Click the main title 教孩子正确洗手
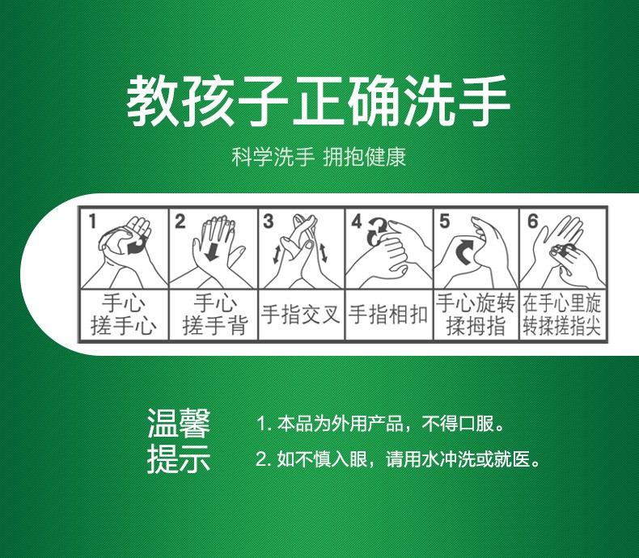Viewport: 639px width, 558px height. click(x=318, y=100)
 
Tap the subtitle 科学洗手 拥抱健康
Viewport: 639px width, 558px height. click(x=319, y=157)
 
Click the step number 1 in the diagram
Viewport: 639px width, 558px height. click(x=92, y=222)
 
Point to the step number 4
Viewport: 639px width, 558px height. click(x=357, y=221)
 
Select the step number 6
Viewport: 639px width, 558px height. click(x=533, y=221)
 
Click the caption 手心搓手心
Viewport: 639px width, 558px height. click(x=123, y=315)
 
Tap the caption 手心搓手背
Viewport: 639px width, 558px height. click(x=215, y=315)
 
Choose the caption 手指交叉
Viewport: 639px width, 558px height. click(x=301, y=315)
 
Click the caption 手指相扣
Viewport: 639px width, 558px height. click(x=388, y=315)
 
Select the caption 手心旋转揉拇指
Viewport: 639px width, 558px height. click(x=476, y=315)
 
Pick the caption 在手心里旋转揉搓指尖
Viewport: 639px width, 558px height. click(x=562, y=315)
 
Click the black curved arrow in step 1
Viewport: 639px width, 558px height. click(x=137, y=246)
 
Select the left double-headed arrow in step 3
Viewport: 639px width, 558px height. click(x=277, y=254)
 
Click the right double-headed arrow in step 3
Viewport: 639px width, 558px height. click(x=324, y=252)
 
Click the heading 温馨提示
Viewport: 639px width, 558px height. click(x=179, y=441)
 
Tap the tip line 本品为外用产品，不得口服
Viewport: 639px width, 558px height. click(x=381, y=424)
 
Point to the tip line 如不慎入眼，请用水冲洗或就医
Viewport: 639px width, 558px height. click(x=398, y=459)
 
